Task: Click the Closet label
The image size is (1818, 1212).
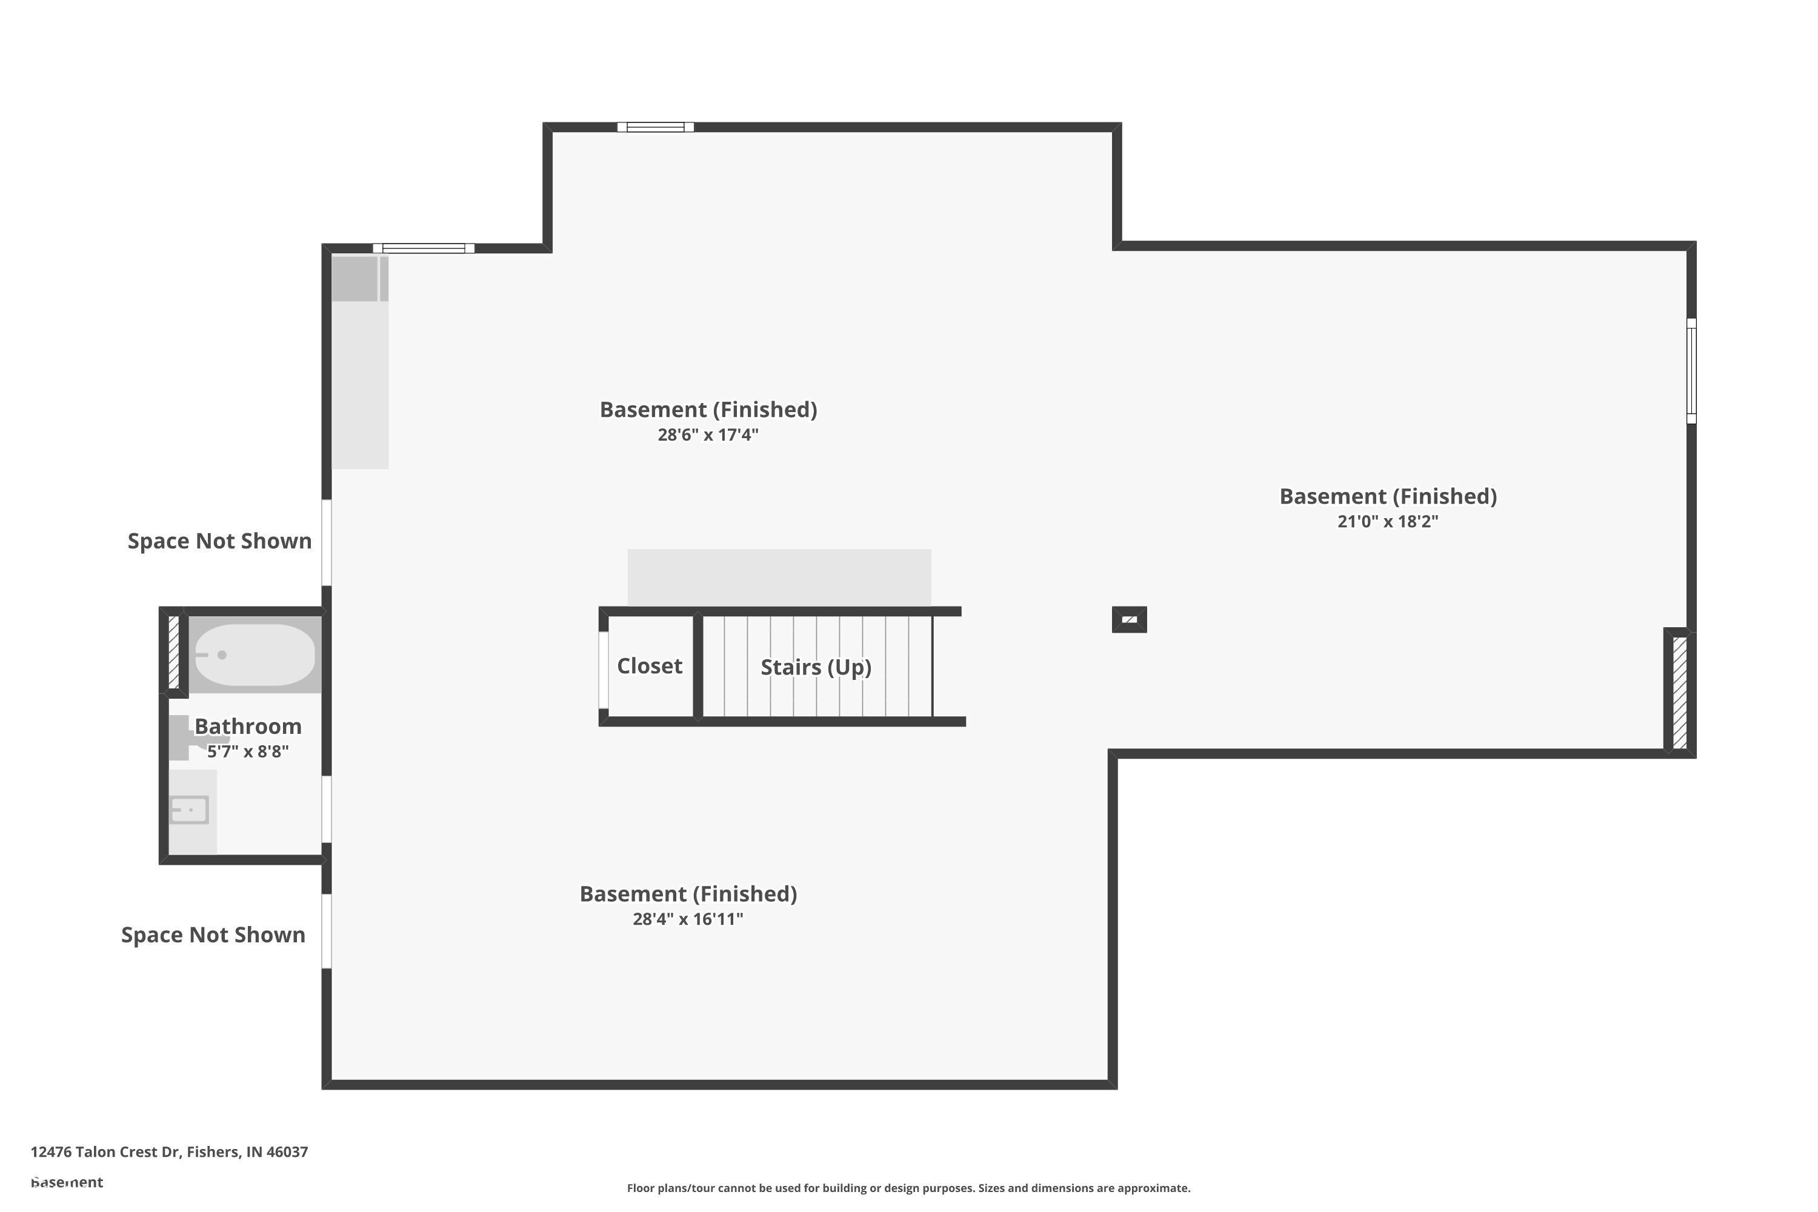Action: [x=649, y=665]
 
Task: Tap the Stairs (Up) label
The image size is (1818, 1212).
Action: [x=816, y=667]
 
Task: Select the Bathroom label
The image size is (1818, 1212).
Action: [x=247, y=726]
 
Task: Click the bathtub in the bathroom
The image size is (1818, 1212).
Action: [x=255, y=654]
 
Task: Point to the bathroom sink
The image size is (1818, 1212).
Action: [x=189, y=810]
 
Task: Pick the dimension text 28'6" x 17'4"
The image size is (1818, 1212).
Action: [x=707, y=435]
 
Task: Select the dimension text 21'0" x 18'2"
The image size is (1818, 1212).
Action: [x=1388, y=521]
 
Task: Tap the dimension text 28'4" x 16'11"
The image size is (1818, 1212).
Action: [x=687, y=919]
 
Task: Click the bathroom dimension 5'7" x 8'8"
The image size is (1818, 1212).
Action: [x=247, y=751]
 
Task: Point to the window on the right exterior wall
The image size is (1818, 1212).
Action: [x=1691, y=371]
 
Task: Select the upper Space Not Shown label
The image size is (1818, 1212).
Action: [x=219, y=541]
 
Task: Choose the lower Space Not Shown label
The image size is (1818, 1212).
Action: [x=213, y=935]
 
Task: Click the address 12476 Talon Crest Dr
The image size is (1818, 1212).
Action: [x=169, y=1152]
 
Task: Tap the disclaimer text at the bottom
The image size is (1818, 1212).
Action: [x=908, y=1188]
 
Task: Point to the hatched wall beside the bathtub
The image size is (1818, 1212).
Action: [x=174, y=651]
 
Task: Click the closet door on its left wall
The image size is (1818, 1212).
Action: [x=604, y=670]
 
